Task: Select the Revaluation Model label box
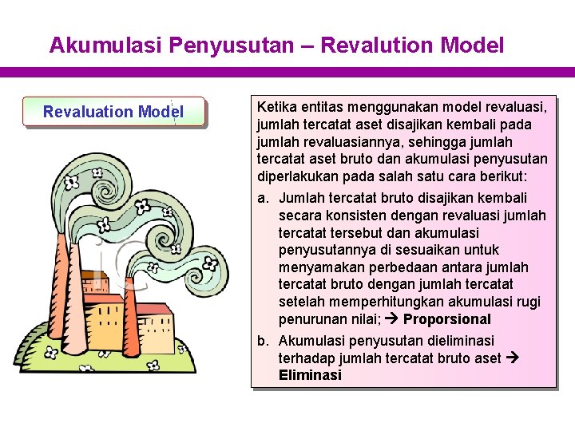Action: [113, 112]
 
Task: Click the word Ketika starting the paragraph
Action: [276, 107]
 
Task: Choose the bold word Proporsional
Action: [446, 319]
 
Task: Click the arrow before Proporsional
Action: [393, 319]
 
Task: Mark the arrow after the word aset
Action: [513, 358]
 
